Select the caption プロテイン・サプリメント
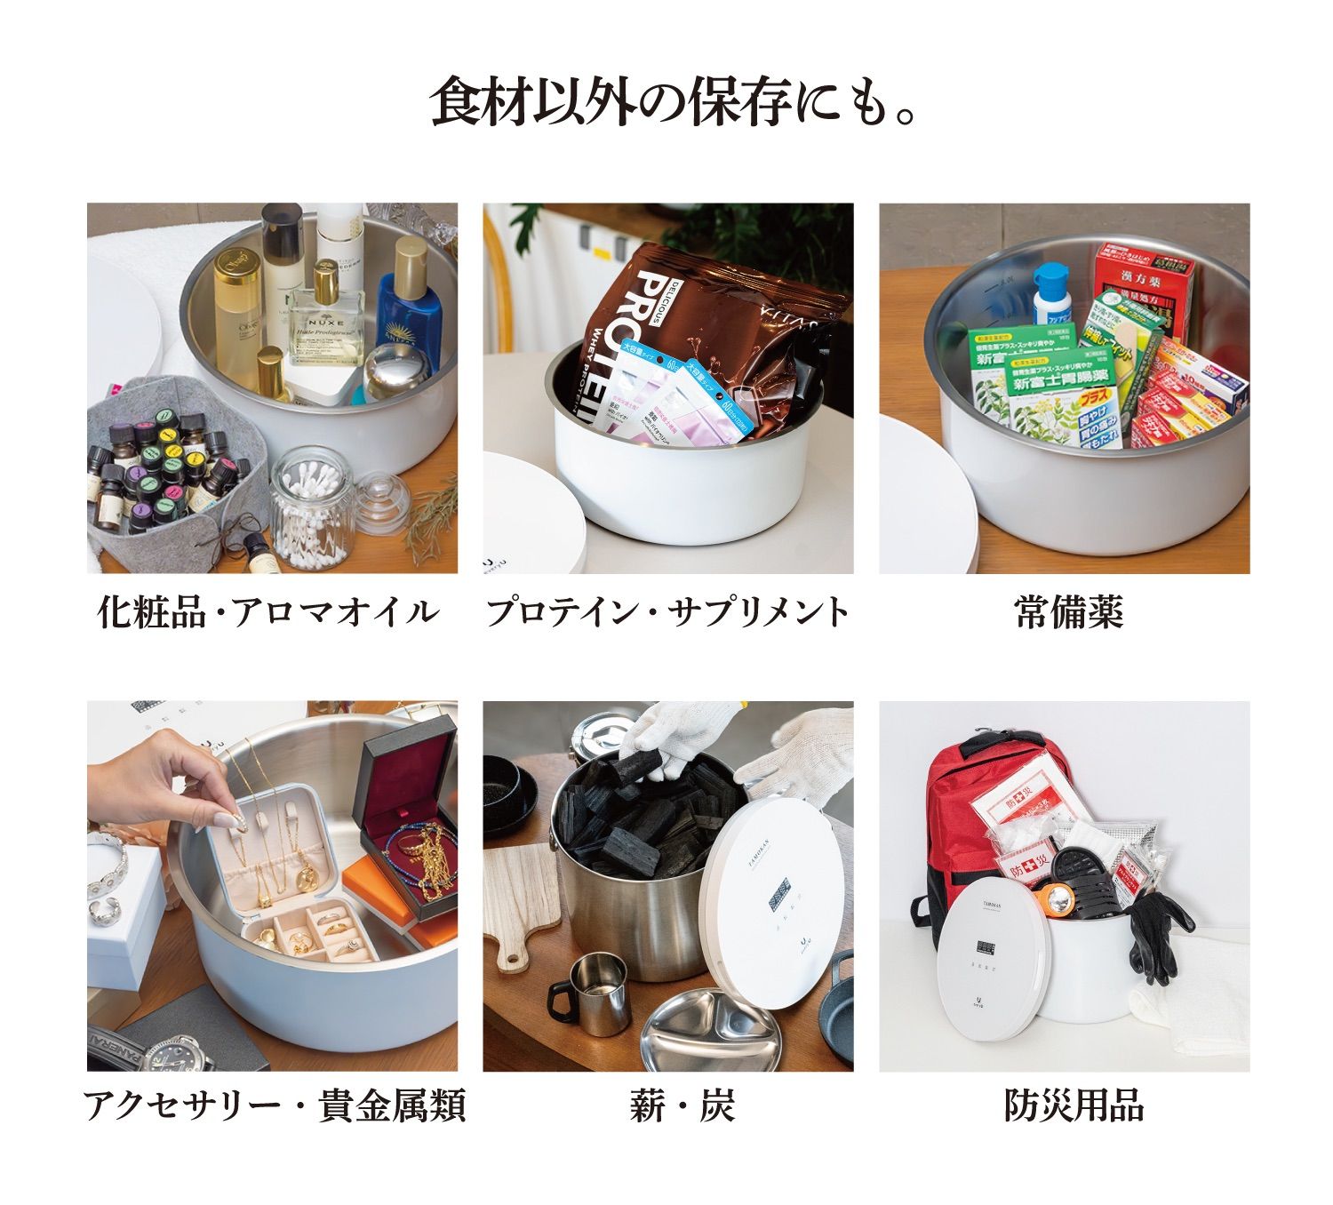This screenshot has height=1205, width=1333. (667, 612)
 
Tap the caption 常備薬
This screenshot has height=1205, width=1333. (1069, 612)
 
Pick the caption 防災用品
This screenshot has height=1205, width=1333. (1074, 1106)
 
